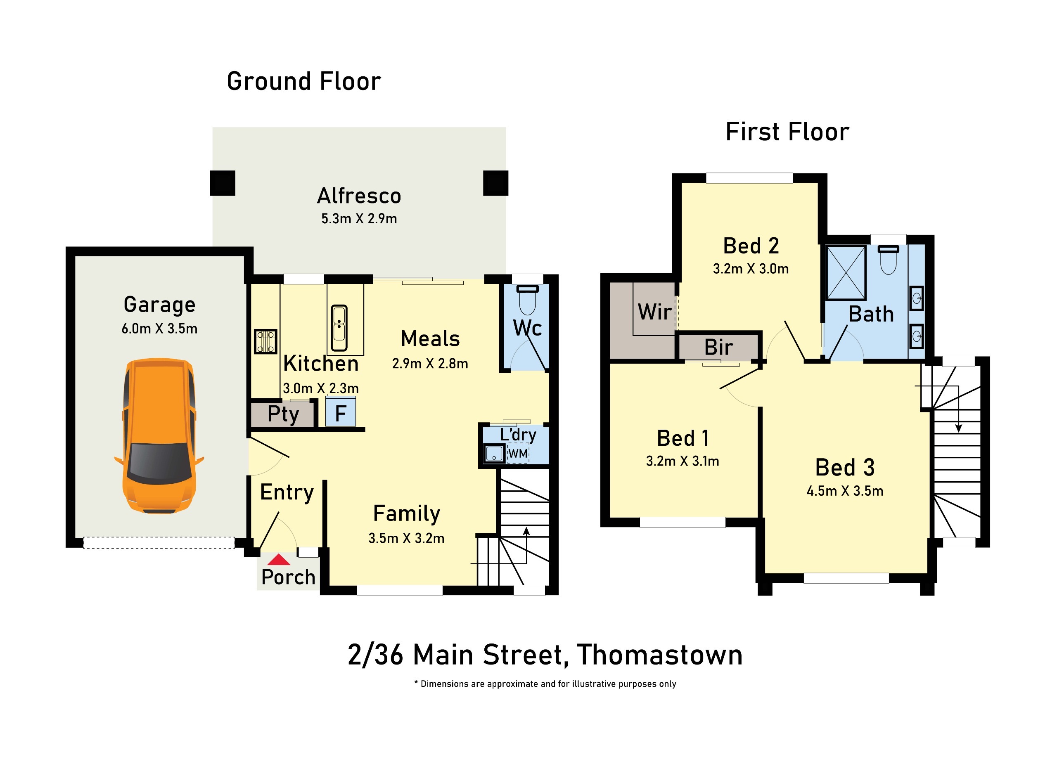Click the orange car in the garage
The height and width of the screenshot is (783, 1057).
159,436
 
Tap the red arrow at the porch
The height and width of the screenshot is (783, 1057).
279,560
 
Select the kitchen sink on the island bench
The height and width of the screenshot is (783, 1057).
339,323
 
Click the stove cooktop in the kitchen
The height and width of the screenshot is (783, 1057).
265,342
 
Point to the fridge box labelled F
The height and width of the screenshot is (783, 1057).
340,412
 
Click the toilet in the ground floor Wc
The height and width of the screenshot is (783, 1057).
527,300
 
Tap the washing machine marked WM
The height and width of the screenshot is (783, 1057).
518,454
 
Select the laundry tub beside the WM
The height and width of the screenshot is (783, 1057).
494,453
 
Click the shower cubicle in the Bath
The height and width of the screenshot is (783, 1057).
846,272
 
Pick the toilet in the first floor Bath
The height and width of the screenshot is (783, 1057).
888,260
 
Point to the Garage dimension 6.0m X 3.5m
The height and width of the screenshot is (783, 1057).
159,329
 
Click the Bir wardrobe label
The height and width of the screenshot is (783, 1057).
718,347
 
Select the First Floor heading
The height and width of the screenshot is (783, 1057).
787,132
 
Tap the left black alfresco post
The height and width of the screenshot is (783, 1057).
223,183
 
